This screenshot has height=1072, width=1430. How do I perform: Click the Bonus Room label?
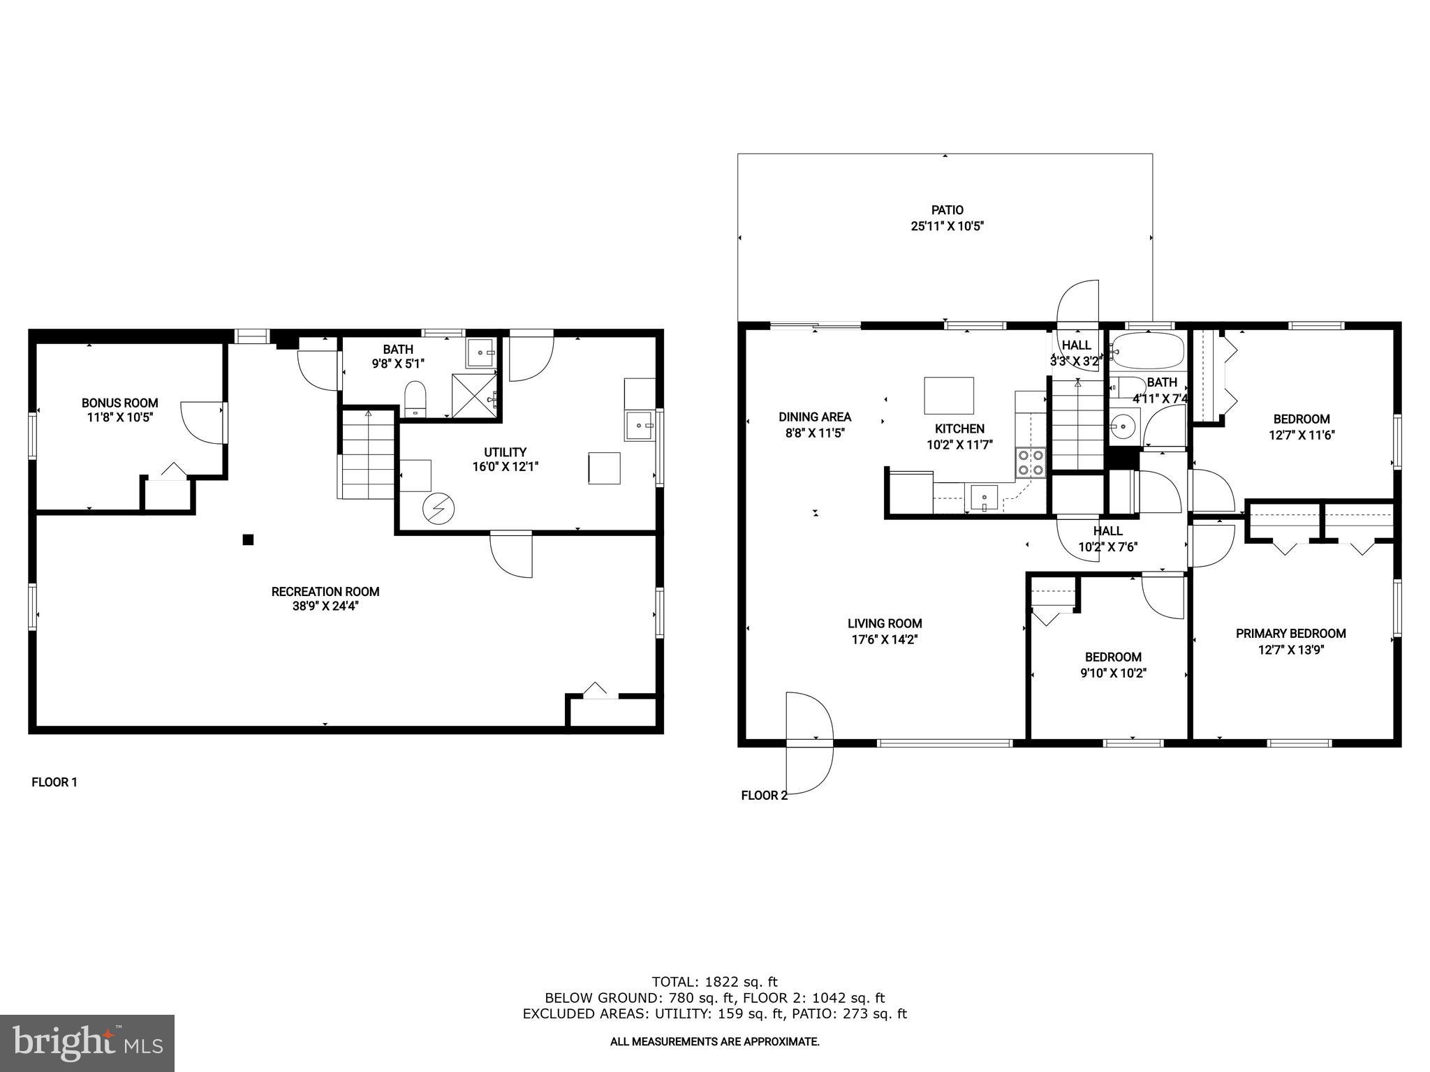(119, 403)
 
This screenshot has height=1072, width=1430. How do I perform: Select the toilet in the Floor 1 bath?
(415, 399)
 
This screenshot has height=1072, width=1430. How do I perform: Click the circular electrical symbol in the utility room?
(438, 509)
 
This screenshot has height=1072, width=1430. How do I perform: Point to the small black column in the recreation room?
(248, 539)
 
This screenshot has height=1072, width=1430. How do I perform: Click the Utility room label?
(505, 452)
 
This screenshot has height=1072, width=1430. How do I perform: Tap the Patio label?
(947, 210)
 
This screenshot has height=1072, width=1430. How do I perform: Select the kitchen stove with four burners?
(1031, 463)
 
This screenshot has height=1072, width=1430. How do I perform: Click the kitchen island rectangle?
(948, 396)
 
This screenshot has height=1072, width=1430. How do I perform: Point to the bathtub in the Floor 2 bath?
(1148, 351)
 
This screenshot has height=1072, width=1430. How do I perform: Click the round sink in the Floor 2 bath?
(1124, 425)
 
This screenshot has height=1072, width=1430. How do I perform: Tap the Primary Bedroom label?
(1290, 634)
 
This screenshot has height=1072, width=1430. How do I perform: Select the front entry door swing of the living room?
(810, 743)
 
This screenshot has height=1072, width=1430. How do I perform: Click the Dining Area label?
(815, 417)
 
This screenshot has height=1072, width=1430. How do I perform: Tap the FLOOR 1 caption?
(54, 782)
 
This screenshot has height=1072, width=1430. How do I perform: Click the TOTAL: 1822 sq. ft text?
(714, 982)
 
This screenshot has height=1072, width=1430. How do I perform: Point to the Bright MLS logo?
(87, 1043)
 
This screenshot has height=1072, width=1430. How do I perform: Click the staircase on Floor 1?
(368, 454)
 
